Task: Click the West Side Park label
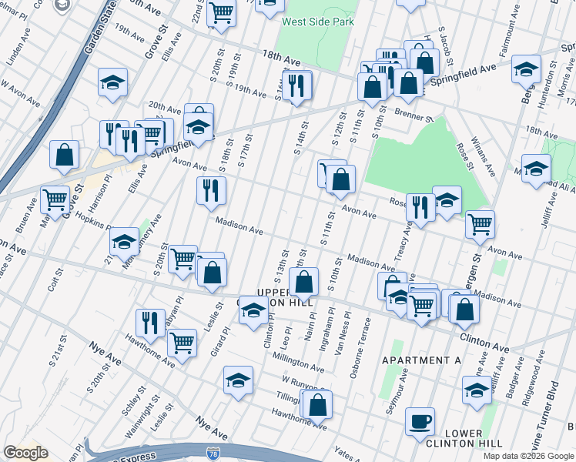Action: tap(318, 22)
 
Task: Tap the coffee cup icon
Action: tap(420, 422)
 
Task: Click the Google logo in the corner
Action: tap(25, 453)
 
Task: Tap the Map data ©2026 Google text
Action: tap(528, 456)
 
